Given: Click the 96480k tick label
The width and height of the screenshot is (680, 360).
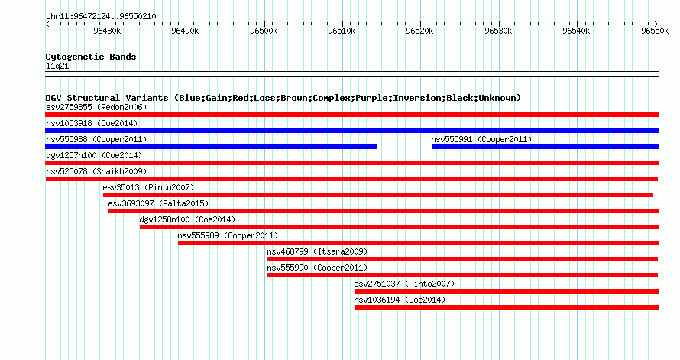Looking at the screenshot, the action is pos(107,31).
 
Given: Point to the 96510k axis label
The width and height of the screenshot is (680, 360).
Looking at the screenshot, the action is pos(342,31).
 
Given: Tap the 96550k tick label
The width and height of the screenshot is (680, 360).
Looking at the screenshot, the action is pos(655,31).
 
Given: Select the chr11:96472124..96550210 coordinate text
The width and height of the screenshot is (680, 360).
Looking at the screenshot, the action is pos(101,17).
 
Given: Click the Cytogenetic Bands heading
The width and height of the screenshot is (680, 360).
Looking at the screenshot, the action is pos(91,57).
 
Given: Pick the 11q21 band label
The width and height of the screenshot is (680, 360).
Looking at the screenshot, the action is pos(57,66).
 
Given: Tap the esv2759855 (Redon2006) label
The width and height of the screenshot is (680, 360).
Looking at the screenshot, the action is pos(96,107).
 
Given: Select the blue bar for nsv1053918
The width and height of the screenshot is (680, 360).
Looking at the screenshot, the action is pos(351,131).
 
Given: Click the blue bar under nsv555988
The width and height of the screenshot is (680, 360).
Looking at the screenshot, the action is pos(211,147).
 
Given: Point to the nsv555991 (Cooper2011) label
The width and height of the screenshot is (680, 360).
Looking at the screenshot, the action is pos(481,139).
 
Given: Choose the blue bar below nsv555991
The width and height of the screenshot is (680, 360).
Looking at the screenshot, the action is pos(545,147).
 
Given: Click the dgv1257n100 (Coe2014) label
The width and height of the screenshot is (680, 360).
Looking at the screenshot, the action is pos(94,155).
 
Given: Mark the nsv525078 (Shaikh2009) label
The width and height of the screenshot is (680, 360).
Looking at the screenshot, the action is pos(96,171).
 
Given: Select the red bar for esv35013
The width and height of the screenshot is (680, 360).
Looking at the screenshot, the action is pos(378,195).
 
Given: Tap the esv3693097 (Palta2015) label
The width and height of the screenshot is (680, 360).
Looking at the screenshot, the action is pos(158,203).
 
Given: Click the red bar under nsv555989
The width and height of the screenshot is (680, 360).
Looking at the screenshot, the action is pos(418,243).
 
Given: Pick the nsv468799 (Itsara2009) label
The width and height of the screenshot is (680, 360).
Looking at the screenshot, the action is pos(317,251).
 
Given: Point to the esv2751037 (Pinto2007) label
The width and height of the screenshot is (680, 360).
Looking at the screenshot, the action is pos(404,284).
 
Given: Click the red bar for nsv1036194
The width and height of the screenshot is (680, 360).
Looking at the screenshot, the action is pos(507,307).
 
